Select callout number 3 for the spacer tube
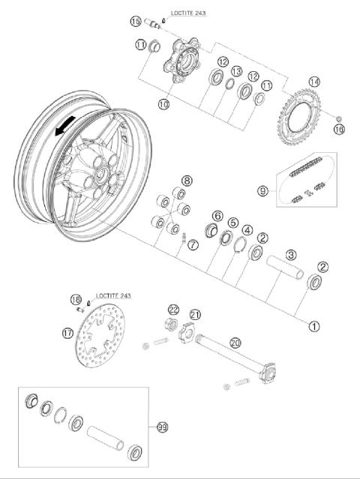click(x=290, y=256)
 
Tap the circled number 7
click(x=193, y=244)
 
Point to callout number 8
click(x=186, y=181)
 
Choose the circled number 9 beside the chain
click(x=262, y=191)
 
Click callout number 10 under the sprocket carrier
click(x=163, y=104)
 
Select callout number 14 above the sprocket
click(x=314, y=82)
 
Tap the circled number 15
click(x=135, y=21)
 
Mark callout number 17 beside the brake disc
click(x=68, y=332)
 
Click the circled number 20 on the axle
click(x=235, y=343)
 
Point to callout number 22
click(x=173, y=310)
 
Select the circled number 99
click(x=161, y=427)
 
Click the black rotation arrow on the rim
click(x=64, y=128)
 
